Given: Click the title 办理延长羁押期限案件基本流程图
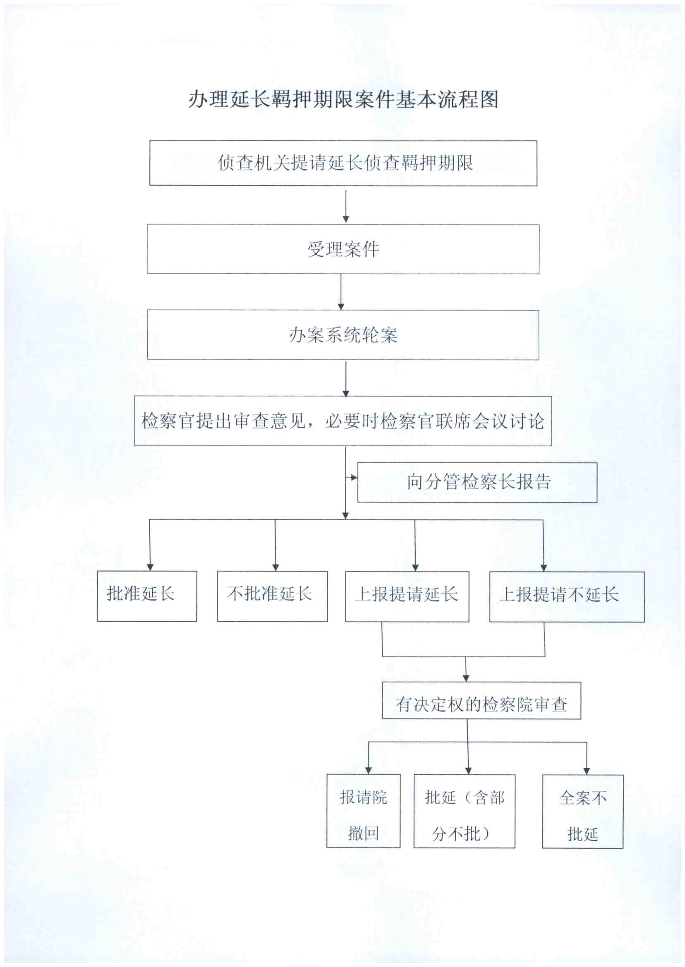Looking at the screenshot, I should pyautogui.click(x=343, y=100).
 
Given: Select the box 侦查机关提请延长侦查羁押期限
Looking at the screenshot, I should pyautogui.click(x=343, y=163).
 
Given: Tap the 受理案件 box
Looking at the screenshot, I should pyautogui.click(x=343, y=249).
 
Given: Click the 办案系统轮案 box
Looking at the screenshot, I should pyautogui.click(x=343, y=335).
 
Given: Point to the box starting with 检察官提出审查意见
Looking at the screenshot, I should pyautogui.click(x=343, y=421).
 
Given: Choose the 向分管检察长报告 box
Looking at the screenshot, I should pyautogui.click(x=477, y=482).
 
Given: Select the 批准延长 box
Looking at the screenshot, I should pyautogui.click(x=147, y=596).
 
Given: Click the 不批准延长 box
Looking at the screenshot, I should pyautogui.click(x=272, y=596).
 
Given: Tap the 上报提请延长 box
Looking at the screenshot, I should pyautogui.click(x=407, y=596).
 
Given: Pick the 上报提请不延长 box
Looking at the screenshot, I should pyautogui.click(x=566, y=596).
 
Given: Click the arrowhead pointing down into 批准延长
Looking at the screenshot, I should pyautogui.click(x=150, y=567).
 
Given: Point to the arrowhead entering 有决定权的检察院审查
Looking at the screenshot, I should pyautogui.click(x=466, y=678).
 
